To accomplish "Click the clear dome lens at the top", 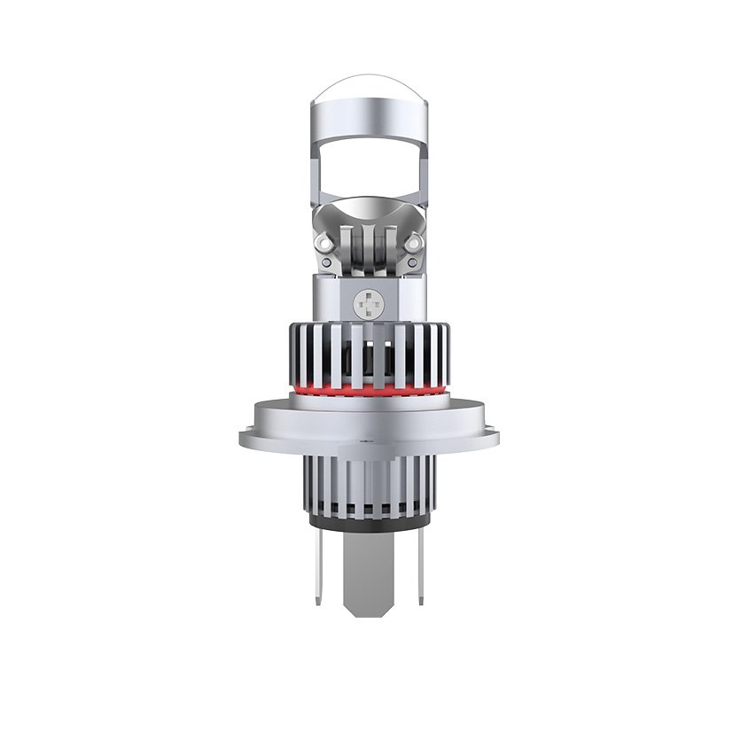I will pos(369,89).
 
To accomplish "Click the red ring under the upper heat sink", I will pos(369,390).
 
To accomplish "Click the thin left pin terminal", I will pos(317,567).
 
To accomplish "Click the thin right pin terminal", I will pos(420,567).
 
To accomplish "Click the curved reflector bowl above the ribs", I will pos(369,209).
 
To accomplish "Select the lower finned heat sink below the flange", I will pos(369,483).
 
